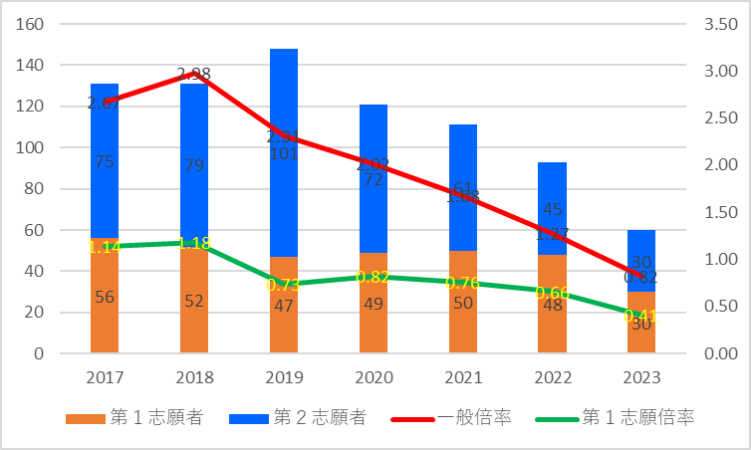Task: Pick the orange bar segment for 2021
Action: pos(463,319)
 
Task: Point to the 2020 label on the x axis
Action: pos(374,379)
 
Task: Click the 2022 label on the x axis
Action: pos(552,379)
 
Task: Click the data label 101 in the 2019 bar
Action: pos(284,154)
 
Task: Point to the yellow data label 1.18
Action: pos(194,243)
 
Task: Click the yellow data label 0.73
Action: pos(284,285)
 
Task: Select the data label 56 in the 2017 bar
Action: pos(105,296)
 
